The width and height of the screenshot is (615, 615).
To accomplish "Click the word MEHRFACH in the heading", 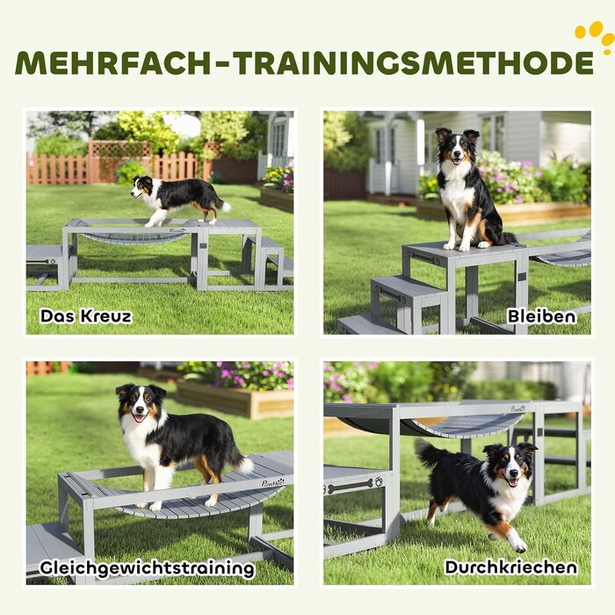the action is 113,62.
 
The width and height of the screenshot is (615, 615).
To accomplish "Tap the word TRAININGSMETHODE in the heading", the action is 414,62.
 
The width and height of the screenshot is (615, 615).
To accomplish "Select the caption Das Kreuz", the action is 86,316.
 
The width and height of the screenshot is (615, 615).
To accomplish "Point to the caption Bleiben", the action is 542,316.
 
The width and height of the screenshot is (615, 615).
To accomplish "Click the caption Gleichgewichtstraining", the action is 147,568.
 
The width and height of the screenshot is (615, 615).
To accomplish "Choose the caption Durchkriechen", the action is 511,568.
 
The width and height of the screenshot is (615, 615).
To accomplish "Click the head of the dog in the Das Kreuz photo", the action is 141,186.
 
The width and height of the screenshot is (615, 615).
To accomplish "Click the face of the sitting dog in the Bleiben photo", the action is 458,147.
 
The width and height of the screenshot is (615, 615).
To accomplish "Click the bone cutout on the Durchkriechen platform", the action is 351,486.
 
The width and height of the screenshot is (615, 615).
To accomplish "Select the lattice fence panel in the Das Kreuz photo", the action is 119,149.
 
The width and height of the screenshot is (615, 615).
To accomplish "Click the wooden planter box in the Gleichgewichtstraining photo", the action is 235,399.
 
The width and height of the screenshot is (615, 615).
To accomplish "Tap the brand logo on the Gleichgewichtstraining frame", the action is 272,482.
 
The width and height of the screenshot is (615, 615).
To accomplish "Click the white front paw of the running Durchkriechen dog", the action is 518,546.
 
